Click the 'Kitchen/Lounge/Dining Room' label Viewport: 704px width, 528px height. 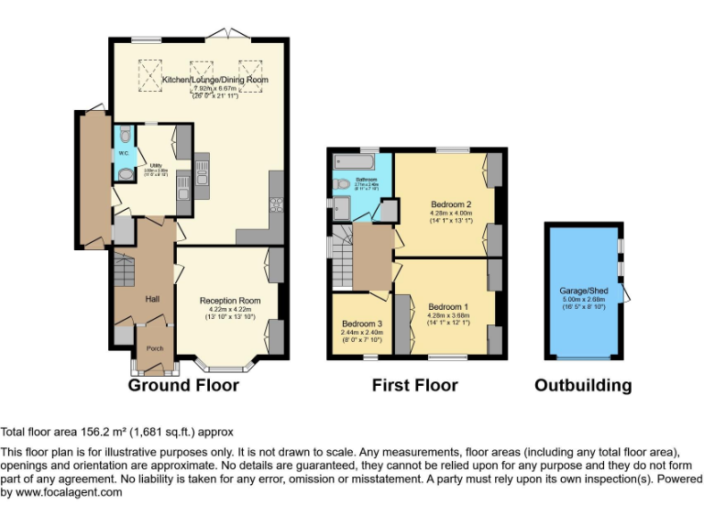point(215,81)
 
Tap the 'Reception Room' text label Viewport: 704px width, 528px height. point(230,301)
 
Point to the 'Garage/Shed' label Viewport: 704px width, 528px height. point(583,291)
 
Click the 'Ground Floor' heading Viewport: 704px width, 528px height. point(183,386)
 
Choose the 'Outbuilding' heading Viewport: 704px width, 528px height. point(583,386)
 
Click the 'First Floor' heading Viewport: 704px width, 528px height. point(414,386)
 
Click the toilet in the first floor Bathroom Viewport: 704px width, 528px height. point(342,184)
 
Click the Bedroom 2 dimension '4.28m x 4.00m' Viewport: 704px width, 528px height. point(450,213)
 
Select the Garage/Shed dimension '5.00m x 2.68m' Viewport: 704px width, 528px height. point(583,300)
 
